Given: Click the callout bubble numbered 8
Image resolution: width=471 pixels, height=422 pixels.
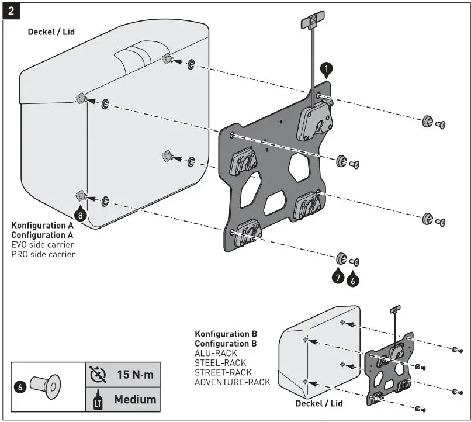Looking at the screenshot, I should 81,214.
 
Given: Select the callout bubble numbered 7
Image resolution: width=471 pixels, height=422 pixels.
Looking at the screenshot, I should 337,278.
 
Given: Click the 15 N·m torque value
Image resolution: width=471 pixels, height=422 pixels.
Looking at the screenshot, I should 135,374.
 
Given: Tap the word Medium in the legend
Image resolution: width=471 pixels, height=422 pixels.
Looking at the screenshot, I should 135,400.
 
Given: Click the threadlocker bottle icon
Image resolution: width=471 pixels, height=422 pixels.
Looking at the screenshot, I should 98,400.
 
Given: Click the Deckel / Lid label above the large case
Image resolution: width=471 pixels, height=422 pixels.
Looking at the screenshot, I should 51,32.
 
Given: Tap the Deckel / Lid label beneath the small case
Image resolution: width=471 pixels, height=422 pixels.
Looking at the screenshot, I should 319,403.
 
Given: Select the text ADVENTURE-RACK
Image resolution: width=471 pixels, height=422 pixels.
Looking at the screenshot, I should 232,382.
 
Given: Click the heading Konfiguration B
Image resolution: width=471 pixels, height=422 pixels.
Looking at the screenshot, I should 226,334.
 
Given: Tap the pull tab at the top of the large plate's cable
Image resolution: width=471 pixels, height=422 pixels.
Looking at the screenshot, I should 312,22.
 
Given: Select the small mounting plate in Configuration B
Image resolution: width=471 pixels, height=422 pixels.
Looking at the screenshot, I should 389,368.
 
